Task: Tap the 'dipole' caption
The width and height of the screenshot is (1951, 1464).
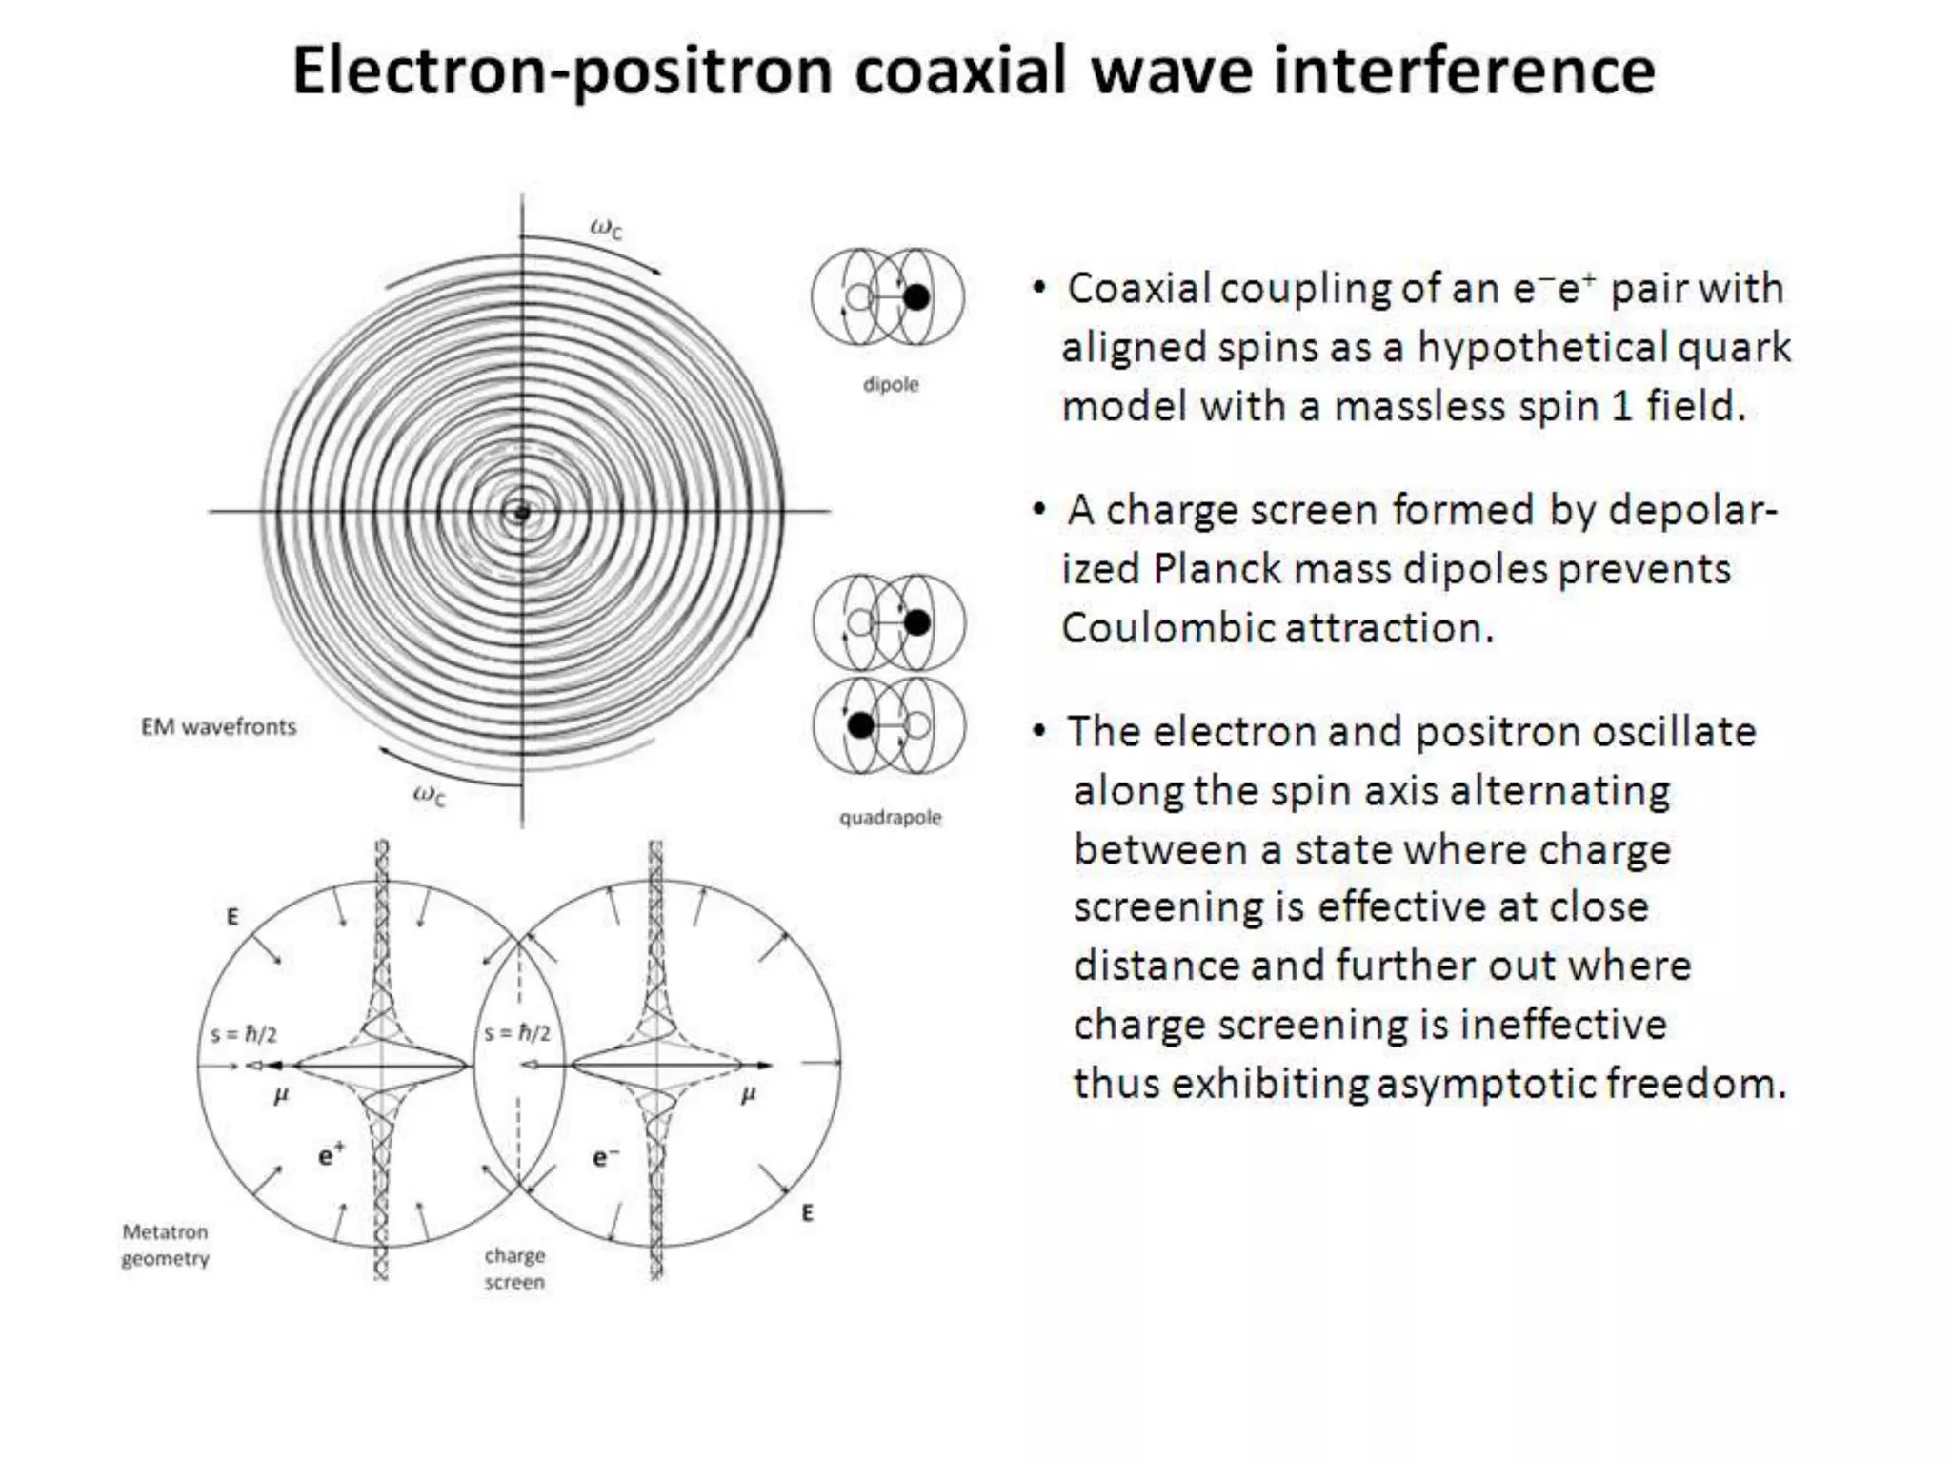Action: click(891, 384)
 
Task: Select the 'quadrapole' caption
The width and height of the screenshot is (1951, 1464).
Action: click(890, 817)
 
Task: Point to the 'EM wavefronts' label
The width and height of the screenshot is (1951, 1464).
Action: click(218, 727)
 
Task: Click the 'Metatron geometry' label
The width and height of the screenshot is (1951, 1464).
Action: click(165, 1245)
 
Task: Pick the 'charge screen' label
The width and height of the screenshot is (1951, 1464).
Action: click(514, 1269)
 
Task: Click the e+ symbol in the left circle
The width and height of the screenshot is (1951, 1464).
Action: click(331, 1155)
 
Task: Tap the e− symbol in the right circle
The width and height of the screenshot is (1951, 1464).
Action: click(605, 1157)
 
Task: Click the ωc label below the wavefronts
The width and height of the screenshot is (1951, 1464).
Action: click(429, 794)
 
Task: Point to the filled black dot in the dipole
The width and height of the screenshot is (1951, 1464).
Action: click(915, 297)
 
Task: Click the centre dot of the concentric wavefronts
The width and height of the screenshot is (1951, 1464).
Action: click(521, 513)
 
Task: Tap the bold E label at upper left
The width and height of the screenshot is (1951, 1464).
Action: click(232, 917)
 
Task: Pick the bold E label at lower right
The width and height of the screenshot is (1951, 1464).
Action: click(807, 1213)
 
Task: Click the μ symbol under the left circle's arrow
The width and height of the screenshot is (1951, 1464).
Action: click(280, 1096)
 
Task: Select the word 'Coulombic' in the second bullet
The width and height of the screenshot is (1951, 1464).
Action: click(1168, 628)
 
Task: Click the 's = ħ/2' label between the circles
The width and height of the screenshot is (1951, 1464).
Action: click(517, 1033)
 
